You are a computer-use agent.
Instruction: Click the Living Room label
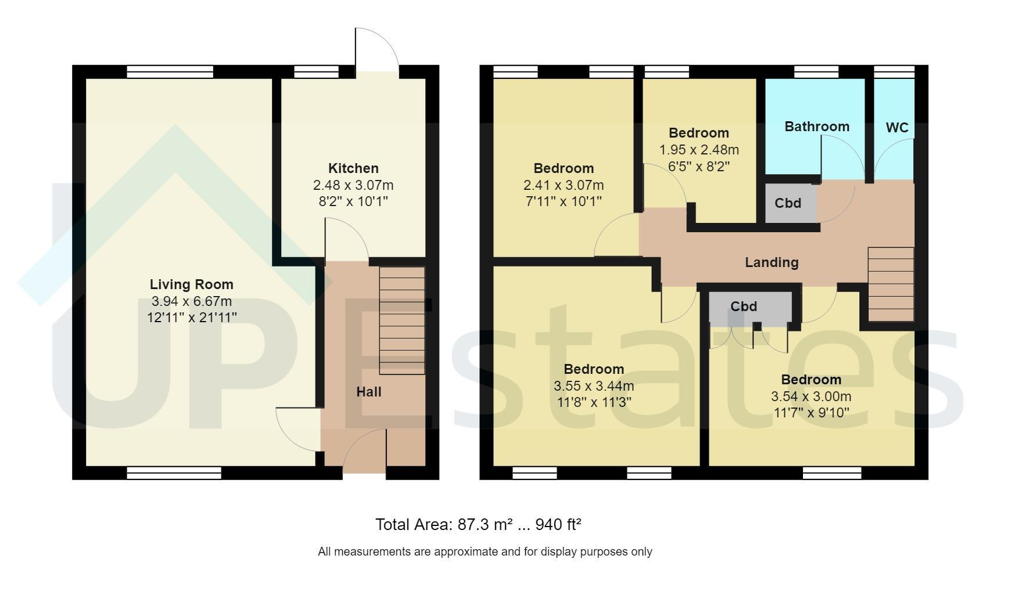pyautogui.click(x=191, y=284)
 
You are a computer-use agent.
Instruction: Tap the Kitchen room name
pyautogui.click(x=353, y=168)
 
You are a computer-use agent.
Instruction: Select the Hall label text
pyautogui.click(x=369, y=392)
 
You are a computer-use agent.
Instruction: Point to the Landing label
pyautogui.click(x=772, y=262)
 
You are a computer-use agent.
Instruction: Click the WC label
pyautogui.click(x=897, y=128)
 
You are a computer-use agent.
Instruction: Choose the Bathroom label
pyautogui.click(x=817, y=127)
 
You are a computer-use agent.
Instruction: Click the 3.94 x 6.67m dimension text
pyautogui.click(x=191, y=301)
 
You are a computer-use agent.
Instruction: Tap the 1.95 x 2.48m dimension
pyautogui.click(x=699, y=150)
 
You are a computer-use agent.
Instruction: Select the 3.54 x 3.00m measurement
pyautogui.click(x=811, y=396)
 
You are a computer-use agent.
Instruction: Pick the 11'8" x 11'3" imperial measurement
pyautogui.click(x=594, y=402)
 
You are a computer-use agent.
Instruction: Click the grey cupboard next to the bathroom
pyautogui.click(x=791, y=203)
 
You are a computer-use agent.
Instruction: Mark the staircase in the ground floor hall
pyautogui.click(x=402, y=320)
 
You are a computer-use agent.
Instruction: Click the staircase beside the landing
pyautogui.click(x=891, y=284)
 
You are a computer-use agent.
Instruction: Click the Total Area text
pyautogui.click(x=478, y=525)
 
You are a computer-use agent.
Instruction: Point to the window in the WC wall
pyautogui.click(x=894, y=72)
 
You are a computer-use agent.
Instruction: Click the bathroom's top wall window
pyautogui.click(x=816, y=72)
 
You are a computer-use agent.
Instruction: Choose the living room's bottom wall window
pyautogui.click(x=174, y=473)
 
